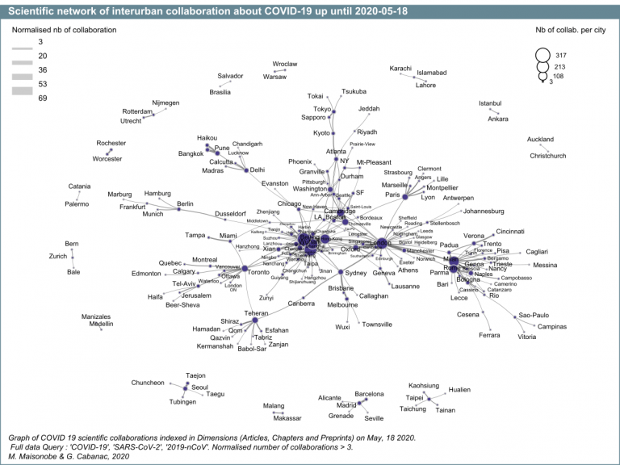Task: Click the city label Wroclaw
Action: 285,64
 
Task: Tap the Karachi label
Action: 400,68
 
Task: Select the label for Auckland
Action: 541,139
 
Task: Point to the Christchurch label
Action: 548,156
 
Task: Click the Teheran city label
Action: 256,312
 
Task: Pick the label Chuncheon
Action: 148,383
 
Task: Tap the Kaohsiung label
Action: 424,385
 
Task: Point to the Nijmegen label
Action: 165,103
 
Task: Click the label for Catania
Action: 79,186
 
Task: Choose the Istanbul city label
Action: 490,103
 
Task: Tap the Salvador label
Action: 230,76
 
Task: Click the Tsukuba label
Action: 354,91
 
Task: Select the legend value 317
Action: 561,54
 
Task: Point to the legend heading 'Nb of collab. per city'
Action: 570,29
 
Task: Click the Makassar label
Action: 287,418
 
